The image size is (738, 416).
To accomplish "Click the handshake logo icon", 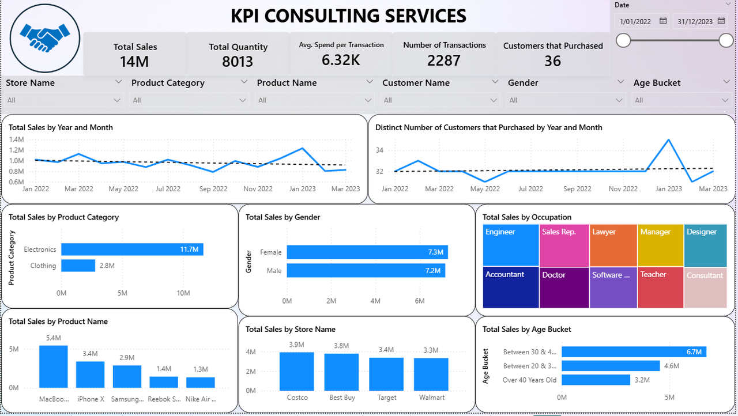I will click(45, 38).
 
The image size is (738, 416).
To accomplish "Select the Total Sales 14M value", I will click(135, 61).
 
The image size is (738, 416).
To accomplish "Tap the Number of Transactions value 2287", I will click(444, 60).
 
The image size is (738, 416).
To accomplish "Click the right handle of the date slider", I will click(726, 40).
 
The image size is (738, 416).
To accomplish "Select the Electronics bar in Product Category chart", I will click(132, 249).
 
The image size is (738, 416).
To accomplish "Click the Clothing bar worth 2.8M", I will click(78, 266).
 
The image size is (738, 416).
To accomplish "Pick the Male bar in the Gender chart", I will click(366, 270).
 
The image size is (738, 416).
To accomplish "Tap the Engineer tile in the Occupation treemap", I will click(510, 245).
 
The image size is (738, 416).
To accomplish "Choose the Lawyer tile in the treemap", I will click(613, 245).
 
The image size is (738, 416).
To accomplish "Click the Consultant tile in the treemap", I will click(705, 287).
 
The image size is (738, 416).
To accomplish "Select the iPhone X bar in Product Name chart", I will click(90, 375).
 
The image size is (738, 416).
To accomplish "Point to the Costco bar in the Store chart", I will click(297, 372).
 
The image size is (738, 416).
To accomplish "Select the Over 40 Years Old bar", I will click(596, 380).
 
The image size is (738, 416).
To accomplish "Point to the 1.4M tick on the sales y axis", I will click(16, 139).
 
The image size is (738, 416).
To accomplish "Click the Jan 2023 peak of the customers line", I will click(668, 139).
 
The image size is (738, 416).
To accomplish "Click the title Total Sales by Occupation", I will click(527, 217).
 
